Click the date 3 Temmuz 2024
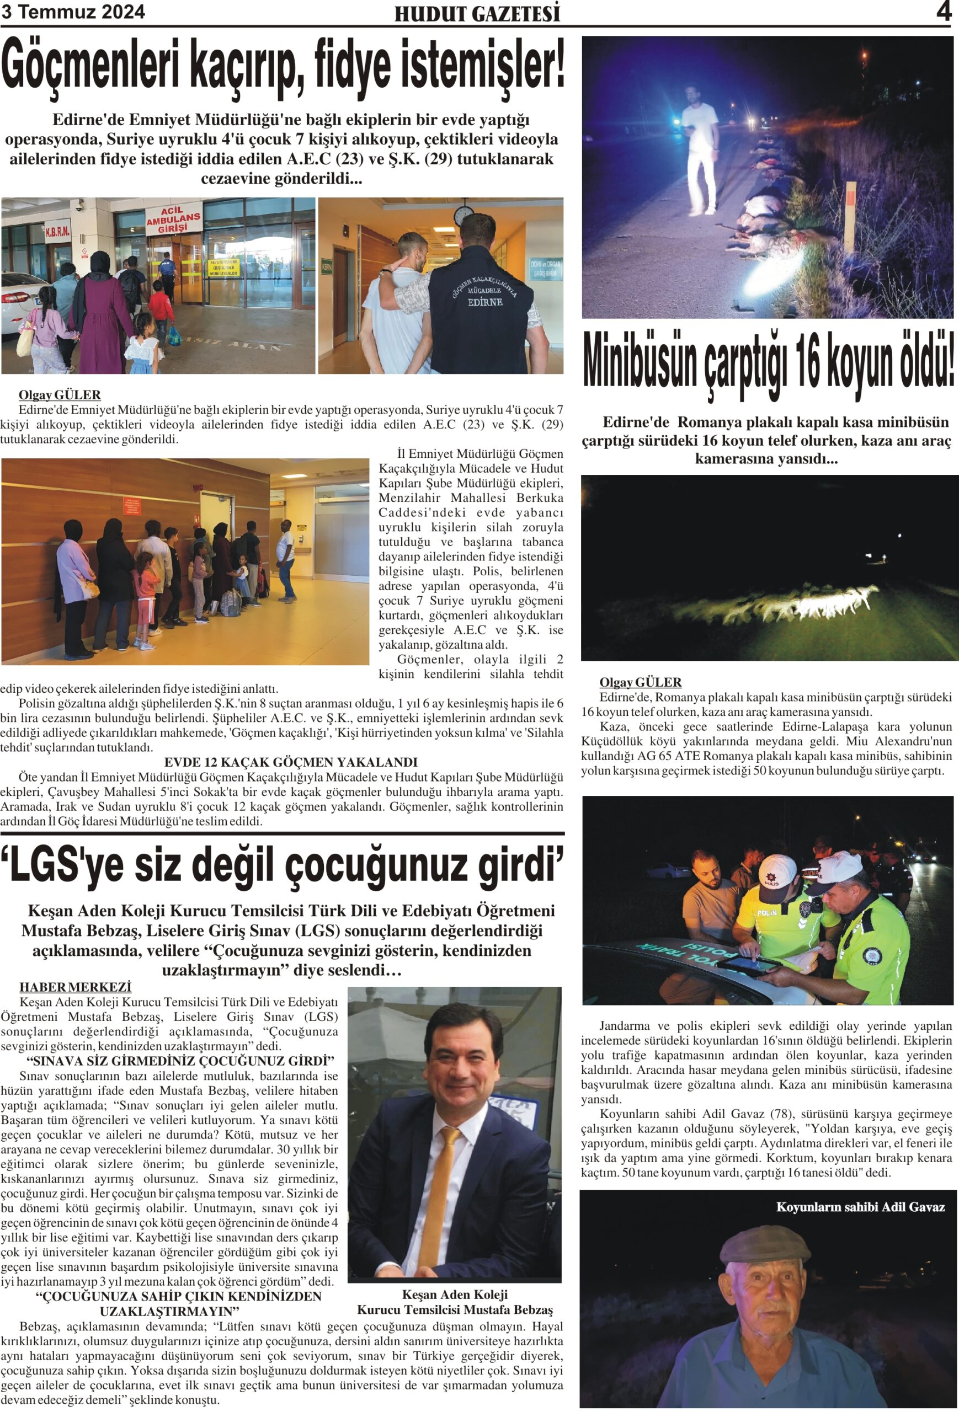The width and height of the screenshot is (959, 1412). coord(73,12)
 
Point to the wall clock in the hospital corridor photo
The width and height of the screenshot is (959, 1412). coord(463,214)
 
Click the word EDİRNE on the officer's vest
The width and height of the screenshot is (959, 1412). coord(485,301)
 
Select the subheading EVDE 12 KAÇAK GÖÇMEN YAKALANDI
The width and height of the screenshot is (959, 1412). coord(290,762)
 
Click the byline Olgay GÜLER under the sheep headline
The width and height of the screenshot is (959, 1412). coord(640,682)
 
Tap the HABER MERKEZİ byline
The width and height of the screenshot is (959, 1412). coord(76,987)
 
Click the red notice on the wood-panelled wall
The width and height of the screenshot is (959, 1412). coord(132,505)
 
